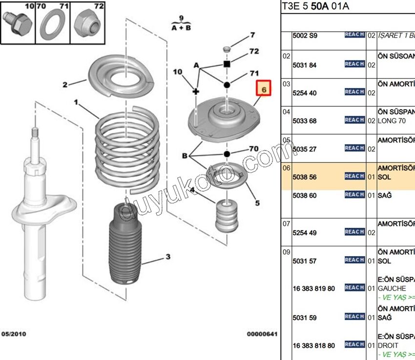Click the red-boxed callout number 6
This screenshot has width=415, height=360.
coord(264,90)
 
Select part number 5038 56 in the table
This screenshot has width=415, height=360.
coord(305,177)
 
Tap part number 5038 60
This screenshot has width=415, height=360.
coord(305,196)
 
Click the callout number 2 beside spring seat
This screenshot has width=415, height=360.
coord(65,85)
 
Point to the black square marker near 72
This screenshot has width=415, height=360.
coord(227,64)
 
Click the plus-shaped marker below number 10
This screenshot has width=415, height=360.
coord(195,91)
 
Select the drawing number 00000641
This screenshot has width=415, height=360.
coord(262,334)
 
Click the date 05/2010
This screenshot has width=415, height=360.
coord(14,334)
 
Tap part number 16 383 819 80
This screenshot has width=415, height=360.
coord(314,289)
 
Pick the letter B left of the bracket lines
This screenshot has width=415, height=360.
coord(185,156)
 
